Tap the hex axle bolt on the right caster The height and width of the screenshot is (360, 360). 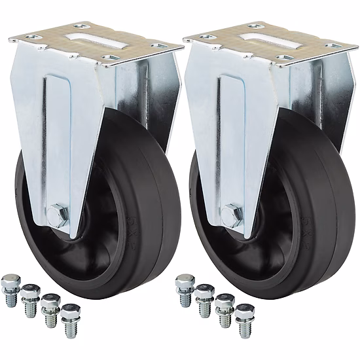(x=230, y=213)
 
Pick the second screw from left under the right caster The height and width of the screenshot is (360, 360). (x=204, y=294)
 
